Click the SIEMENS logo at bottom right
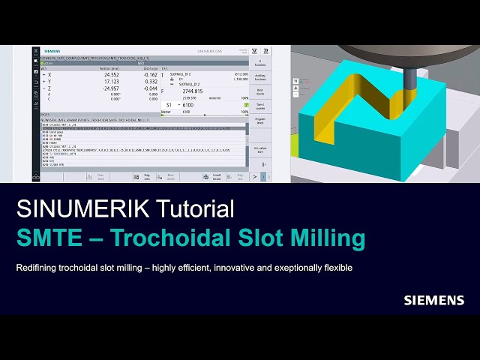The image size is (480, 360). [434, 300]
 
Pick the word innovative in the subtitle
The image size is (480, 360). [226, 268]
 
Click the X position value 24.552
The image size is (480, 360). [111, 75]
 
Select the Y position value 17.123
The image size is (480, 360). [111, 82]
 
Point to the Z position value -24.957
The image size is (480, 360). [110, 88]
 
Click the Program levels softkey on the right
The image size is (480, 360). [260, 121]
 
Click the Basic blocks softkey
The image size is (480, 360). [259, 92]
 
